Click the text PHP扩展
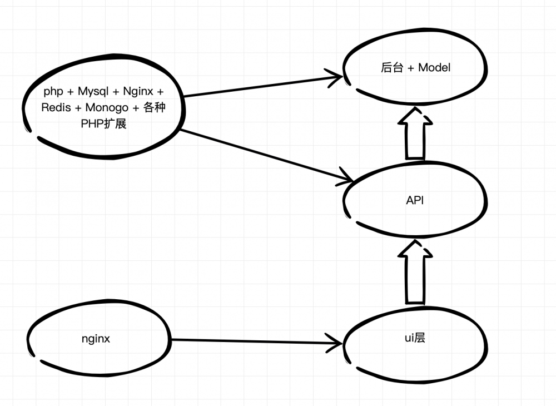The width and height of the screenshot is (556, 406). (104, 124)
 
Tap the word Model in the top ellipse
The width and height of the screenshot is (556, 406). (434, 68)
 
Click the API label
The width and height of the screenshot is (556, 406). (415, 201)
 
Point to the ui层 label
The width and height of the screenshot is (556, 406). (415, 337)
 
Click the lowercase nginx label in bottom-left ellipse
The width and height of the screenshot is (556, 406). (96, 338)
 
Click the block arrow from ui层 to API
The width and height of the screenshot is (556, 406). (415, 273)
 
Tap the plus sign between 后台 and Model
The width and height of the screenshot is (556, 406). (410, 68)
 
